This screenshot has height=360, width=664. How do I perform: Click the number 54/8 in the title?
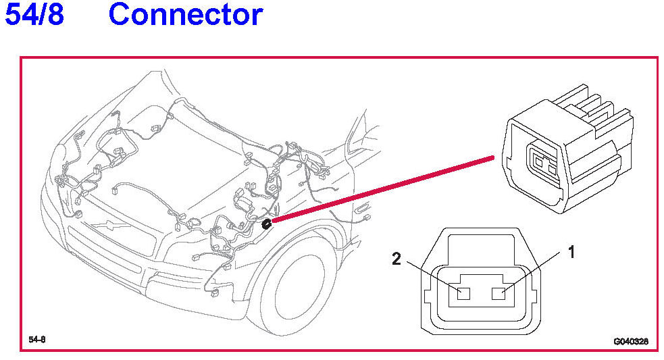34,14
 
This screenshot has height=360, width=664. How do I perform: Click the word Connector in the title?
185,14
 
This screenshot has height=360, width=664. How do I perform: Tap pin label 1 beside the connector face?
571,253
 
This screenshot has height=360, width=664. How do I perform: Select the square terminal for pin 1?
501,293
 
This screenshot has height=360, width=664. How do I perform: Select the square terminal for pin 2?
463,294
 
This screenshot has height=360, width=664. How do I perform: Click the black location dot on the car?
266,223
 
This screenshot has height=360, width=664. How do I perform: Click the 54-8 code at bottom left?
37,339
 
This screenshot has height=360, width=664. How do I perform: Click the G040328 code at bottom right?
631,342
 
